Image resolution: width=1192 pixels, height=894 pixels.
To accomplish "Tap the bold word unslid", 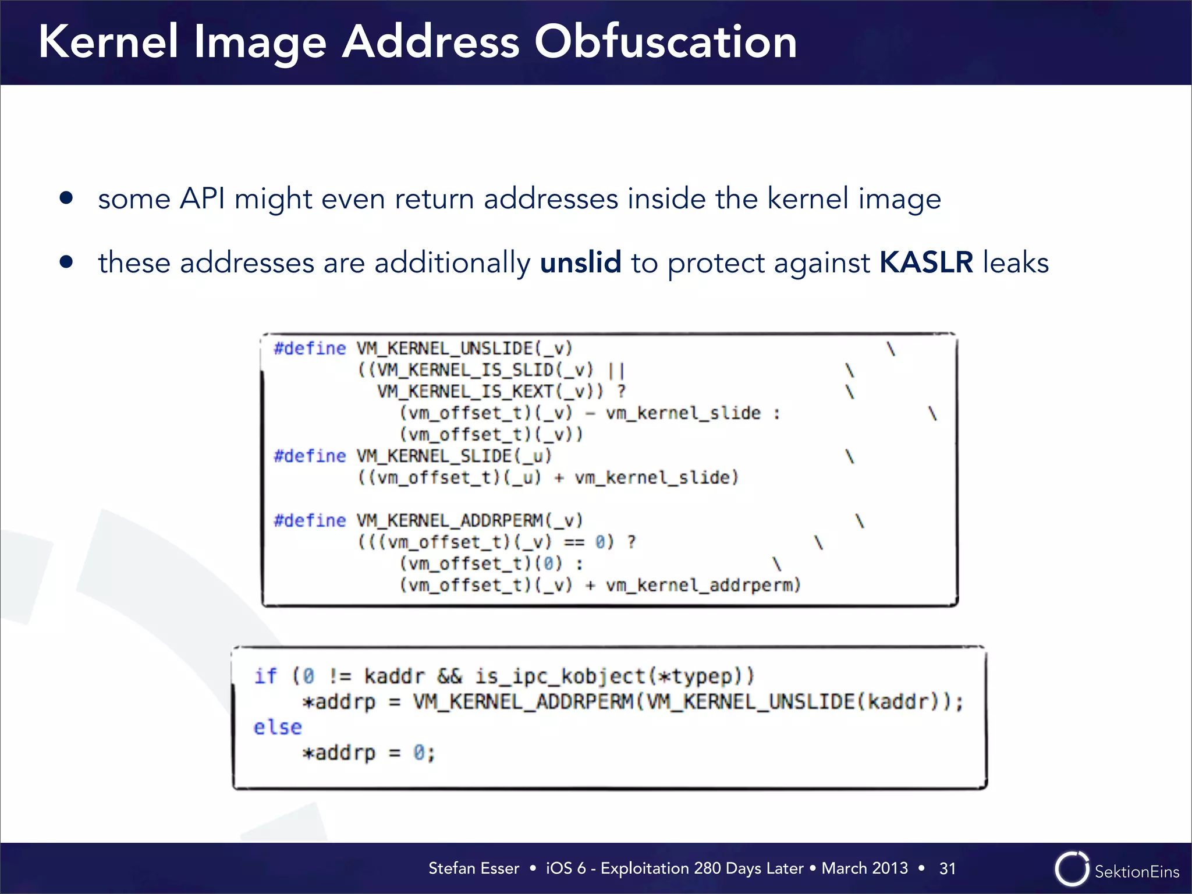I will (580, 262).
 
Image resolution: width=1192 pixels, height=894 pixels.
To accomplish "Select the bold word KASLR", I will (926, 262).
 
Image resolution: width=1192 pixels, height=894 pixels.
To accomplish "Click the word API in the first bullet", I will (202, 198).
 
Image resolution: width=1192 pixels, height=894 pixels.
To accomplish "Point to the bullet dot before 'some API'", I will (66, 198).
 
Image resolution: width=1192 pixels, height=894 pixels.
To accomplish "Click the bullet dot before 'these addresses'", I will (66, 262).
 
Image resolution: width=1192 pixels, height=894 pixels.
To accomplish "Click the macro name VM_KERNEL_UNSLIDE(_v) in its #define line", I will (464, 348).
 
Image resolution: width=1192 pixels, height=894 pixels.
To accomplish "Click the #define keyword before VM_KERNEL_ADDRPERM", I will (310, 520).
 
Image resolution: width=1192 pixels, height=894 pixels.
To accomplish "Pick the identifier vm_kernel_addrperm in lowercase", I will (703, 585).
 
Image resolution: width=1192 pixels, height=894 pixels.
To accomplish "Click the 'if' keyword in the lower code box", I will (265, 676).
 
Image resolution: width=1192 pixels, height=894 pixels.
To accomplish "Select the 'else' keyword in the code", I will (278, 728).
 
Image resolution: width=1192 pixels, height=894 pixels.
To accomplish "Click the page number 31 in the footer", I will (948, 868).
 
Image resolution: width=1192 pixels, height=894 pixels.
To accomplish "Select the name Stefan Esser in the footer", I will (473, 868).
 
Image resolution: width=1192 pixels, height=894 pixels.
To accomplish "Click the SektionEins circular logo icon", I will (1072, 869).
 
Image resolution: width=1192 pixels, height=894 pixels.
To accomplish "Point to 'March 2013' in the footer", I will (864, 868).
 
